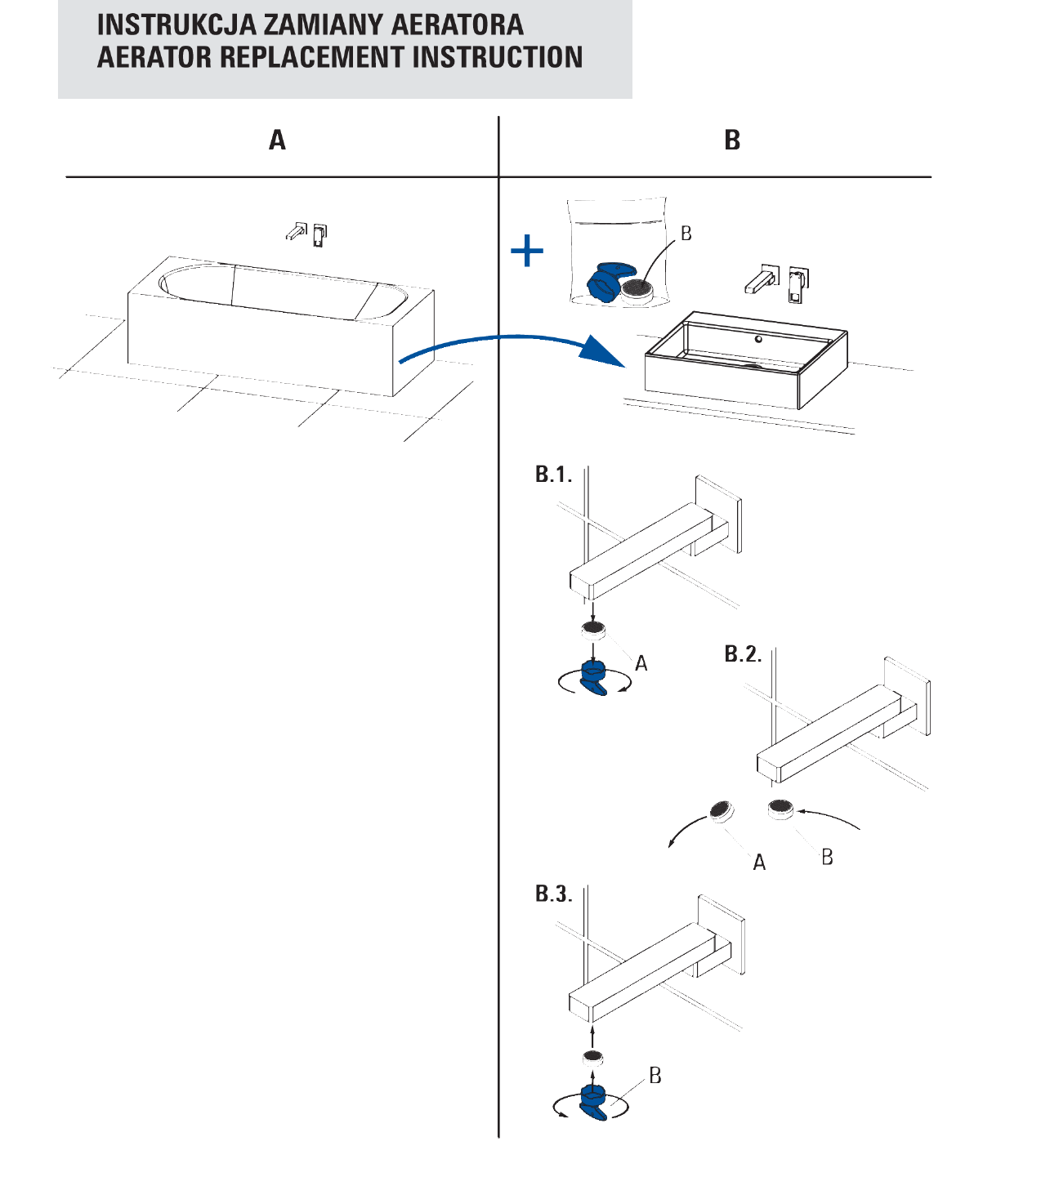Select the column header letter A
[x=278, y=140]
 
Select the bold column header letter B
[x=732, y=140]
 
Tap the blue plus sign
[x=527, y=251]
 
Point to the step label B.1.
[x=553, y=475]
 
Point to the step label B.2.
[x=743, y=654]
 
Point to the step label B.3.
[x=553, y=894]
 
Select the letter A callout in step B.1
[x=641, y=664]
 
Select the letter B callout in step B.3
[x=655, y=1076]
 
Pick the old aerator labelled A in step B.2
[x=721, y=810]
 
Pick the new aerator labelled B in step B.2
[x=780, y=809]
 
